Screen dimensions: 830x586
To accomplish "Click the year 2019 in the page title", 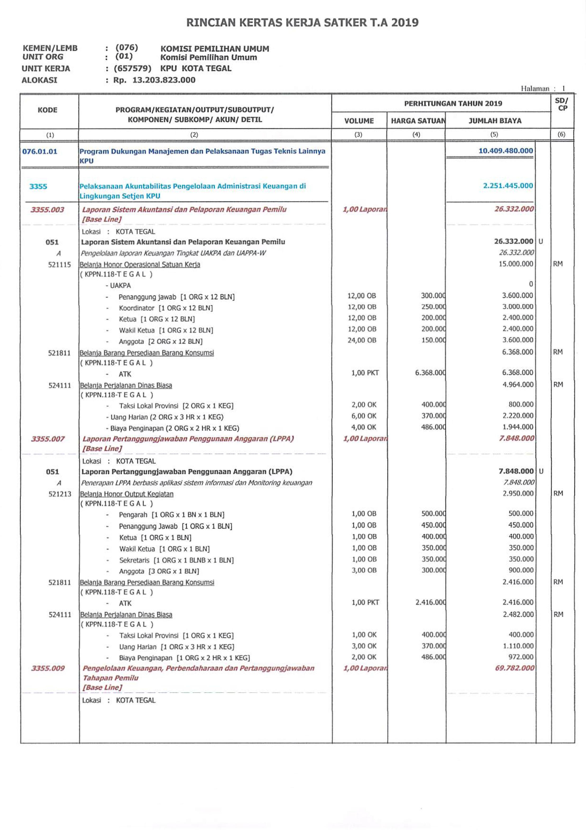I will coord(405,23).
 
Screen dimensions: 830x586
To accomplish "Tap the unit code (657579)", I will coord(132,68).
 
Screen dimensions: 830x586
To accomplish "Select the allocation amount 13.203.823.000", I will coord(164,80).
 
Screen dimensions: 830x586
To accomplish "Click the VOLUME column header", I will coord(359,121).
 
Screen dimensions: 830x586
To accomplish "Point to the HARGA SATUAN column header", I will coord(418,121).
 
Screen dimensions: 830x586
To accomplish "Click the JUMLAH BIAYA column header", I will coord(495,121).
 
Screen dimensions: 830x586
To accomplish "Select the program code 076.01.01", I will coord(40,151).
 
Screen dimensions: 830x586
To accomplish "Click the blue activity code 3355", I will coord(38,187).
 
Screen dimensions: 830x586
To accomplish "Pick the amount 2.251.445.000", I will coord(508,186).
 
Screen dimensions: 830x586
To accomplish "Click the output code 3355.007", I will coord(47,439).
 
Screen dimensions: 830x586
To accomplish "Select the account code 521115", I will coord(60,265).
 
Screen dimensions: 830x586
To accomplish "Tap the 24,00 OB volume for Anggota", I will coord(362,340).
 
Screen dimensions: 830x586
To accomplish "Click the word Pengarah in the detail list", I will coord(133,514).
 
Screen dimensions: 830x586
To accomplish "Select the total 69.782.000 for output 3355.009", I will coord(514,668).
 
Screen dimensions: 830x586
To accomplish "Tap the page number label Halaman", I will coord(535,89).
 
